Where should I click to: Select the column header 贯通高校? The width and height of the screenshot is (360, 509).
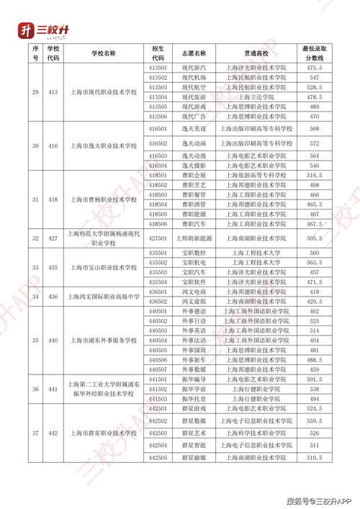coord(255,53)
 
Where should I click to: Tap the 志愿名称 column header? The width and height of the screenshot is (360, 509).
coord(193,53)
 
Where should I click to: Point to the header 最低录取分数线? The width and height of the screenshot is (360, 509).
coord(314,53)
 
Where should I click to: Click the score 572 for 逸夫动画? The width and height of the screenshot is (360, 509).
coord(314,144)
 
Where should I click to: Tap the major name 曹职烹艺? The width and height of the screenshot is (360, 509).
coord(193,185)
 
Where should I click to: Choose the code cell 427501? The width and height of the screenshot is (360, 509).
coord(158,238)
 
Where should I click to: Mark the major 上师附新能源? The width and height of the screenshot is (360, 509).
coord(193,238)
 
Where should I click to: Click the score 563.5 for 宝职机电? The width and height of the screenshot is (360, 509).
coord(314,263)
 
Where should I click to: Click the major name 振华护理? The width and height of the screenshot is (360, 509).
coord(193,389)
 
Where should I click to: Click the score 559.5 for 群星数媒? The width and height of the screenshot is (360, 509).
coord(314,420)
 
